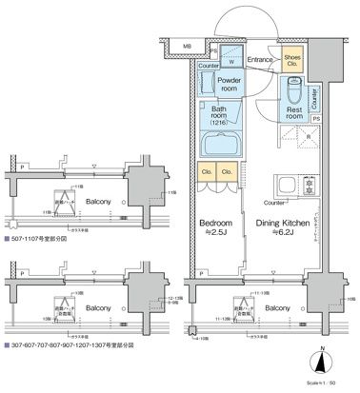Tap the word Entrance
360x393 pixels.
click(262, 61)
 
